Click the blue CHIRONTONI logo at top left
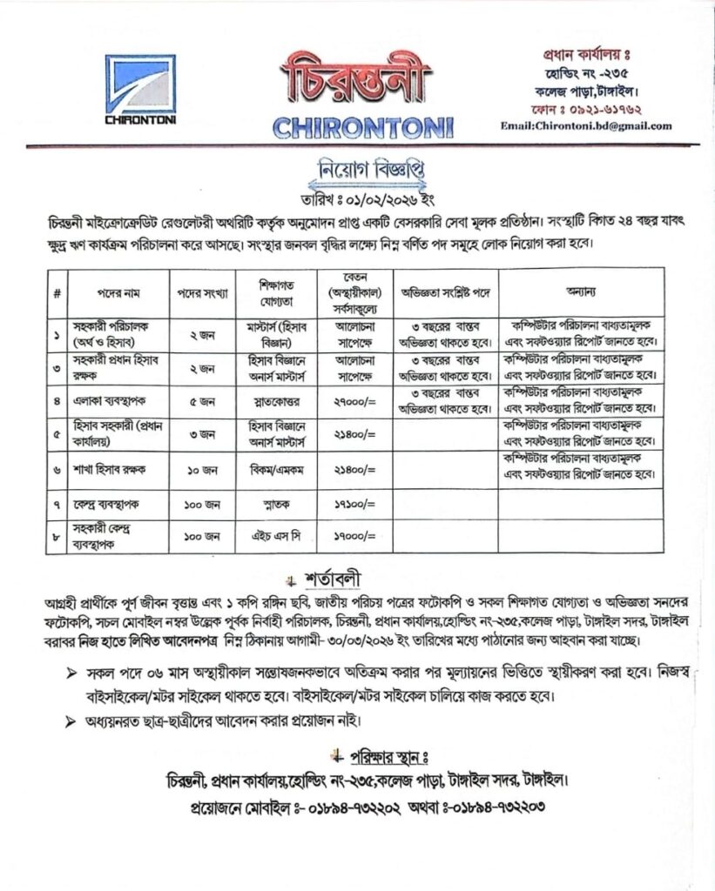tap(140, 90)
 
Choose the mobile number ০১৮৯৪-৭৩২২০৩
tap(500, 807)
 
